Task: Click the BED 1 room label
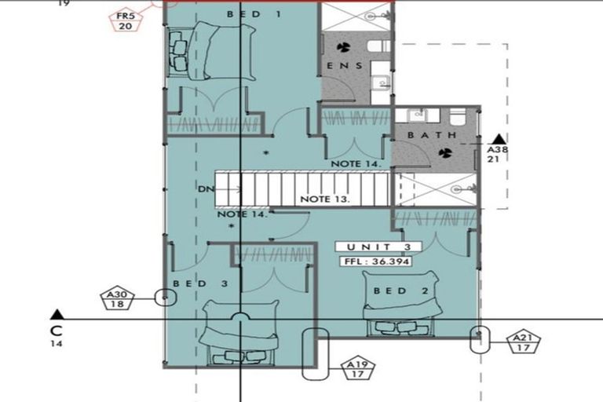coord(254,15)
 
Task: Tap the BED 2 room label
coord(401,291)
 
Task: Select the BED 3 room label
coord(201,284)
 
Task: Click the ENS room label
coord(345,66)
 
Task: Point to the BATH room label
coord(432,135)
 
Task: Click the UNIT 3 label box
coord(378,247)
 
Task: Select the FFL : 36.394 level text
coord(375,261)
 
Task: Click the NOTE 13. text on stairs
coord(325,199)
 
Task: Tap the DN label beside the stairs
coord(206,189)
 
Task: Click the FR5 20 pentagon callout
coord(125,21)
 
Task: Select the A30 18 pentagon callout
coord(117,299)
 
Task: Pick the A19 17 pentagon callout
coord(358,369)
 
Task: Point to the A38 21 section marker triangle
coord(499,139)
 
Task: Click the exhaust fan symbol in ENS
coord(343,47)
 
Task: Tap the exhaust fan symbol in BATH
coord(445,153)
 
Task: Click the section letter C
coord(57,331)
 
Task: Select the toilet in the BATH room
coord(458,115)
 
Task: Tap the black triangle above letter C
coord(57,314)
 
